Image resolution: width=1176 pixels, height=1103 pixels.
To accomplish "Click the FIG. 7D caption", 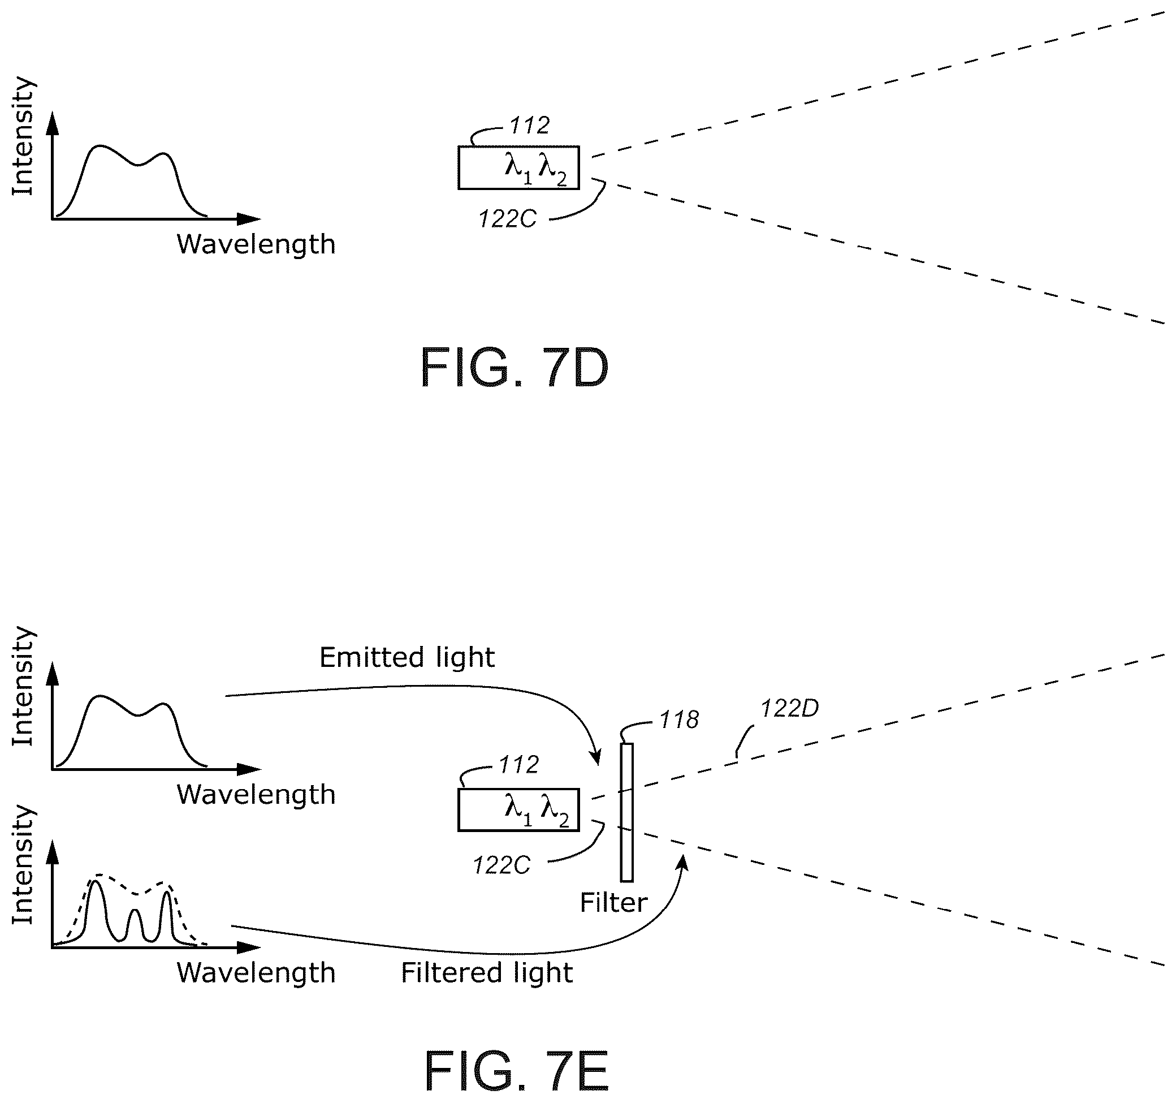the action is pyautogui.click(x=514, y=368).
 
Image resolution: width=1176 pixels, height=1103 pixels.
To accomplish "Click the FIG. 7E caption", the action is pyautogui.click(x=516, y=1072).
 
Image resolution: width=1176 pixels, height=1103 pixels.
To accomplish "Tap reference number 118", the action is pyautogui.click(x=679, y=719).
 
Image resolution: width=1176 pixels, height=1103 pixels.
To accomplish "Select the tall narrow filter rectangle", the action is pyautogui.click(x=627, y=812).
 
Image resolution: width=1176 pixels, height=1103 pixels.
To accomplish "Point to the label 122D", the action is pyautogui.click(x=789, y=708).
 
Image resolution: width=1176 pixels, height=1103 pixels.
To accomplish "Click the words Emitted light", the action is pyautogui.click(x=407, y=657).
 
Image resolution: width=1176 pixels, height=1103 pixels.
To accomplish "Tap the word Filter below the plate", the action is pyautogui.click(x=613, y=902).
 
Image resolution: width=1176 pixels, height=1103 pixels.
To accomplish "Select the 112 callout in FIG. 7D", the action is pyautogui.click(x=529, y=126).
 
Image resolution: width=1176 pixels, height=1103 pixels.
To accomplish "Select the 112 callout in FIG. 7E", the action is pyautogui.click(x=519, y=765).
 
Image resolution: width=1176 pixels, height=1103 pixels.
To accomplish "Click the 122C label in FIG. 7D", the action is pyautogui.click(x=507, y=219).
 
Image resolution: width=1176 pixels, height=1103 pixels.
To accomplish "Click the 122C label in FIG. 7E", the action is pyautogui.click(x=501, y=865).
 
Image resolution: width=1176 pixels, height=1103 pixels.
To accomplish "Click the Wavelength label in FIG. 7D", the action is pyautogui.click(x=256, y=244).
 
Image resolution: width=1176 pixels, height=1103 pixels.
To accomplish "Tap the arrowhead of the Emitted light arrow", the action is pyautogui.click(x=597, y=757).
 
